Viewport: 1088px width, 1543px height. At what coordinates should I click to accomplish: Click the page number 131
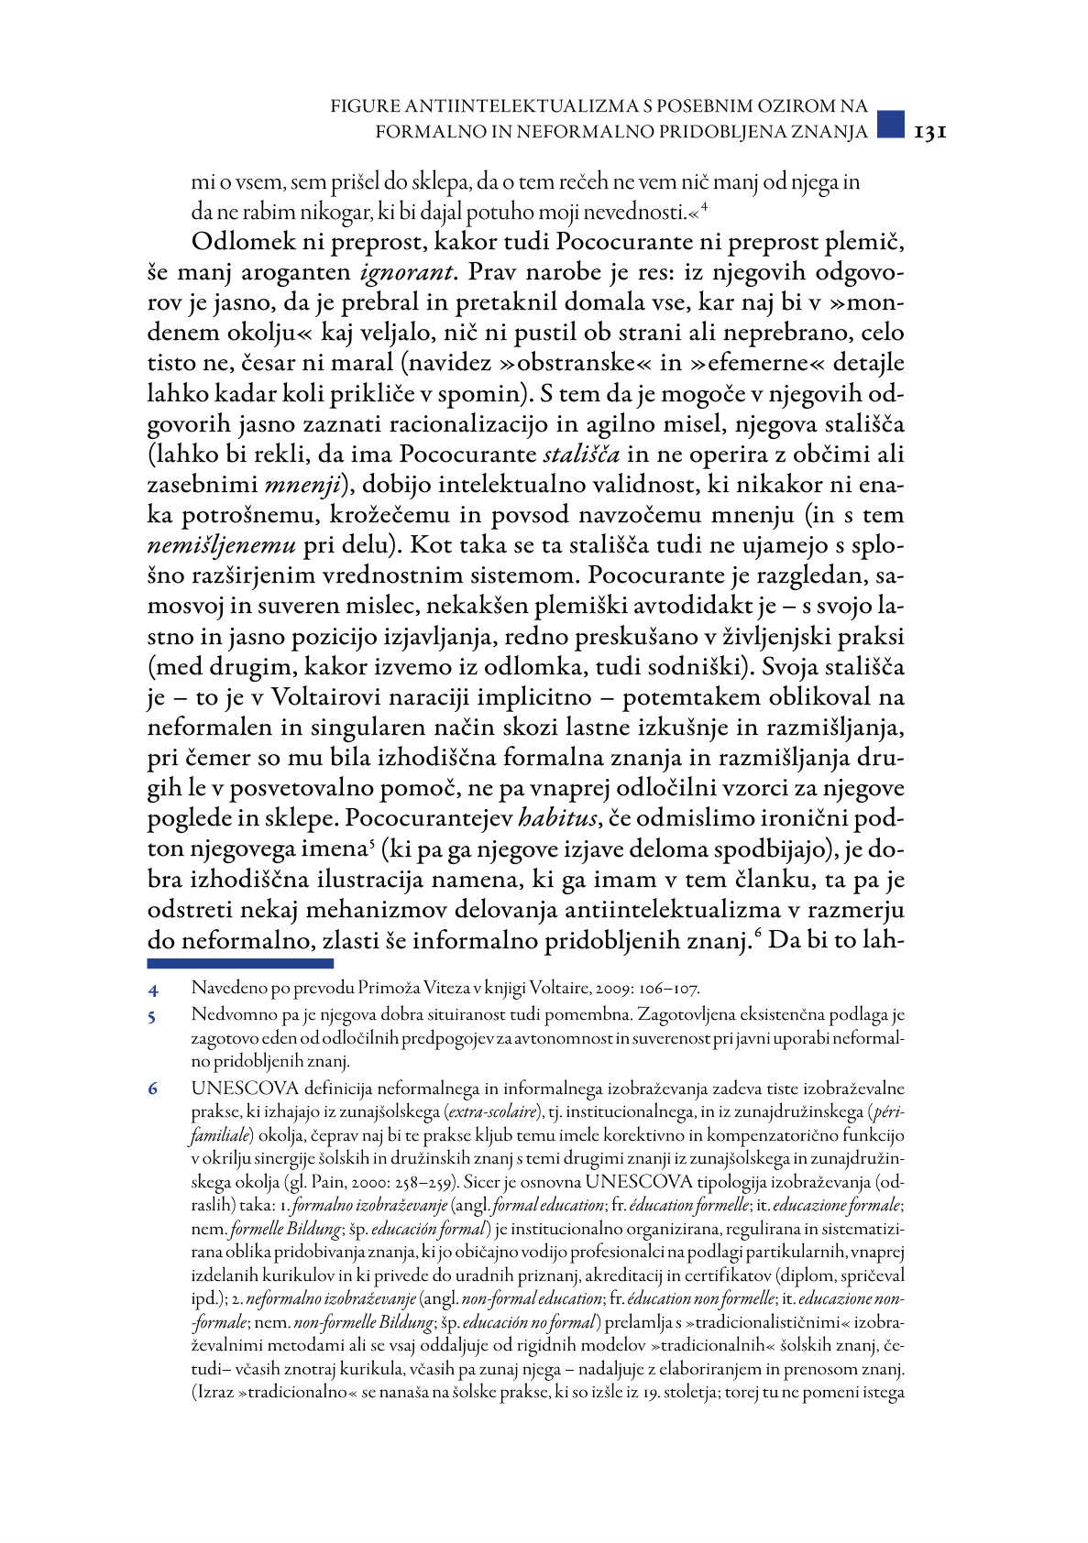coord(929,132)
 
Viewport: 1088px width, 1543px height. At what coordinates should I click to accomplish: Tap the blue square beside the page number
coord(891,125)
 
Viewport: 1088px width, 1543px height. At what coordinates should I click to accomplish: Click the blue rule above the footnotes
coord(240,963)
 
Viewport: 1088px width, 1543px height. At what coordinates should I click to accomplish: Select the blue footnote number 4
coord(154,990)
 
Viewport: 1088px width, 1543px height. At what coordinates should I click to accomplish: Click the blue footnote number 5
coord(154,1016)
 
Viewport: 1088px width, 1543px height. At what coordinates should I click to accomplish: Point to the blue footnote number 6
coord(154,1089)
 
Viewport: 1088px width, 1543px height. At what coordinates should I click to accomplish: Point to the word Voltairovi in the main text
coord(313,697)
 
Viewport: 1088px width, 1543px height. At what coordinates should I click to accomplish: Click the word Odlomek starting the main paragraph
coord(245,243)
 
